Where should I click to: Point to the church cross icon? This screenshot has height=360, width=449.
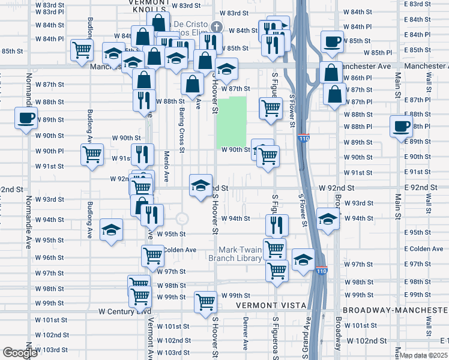pyautogui.click(x=217, y=27)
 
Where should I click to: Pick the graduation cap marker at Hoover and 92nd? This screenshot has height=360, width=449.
pyautogui.click(x=200, y=185)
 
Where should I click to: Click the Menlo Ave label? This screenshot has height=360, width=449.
pyautogui.click(x=166, y=161)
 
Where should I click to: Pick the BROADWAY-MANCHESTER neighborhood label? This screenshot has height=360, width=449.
pyautogui.click(x=396, y=310)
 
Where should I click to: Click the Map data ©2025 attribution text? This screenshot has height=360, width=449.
pyautogui.click(x=424, y=355)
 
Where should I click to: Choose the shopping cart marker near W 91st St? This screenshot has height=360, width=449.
pyautogui.click(x=92, y=155)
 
